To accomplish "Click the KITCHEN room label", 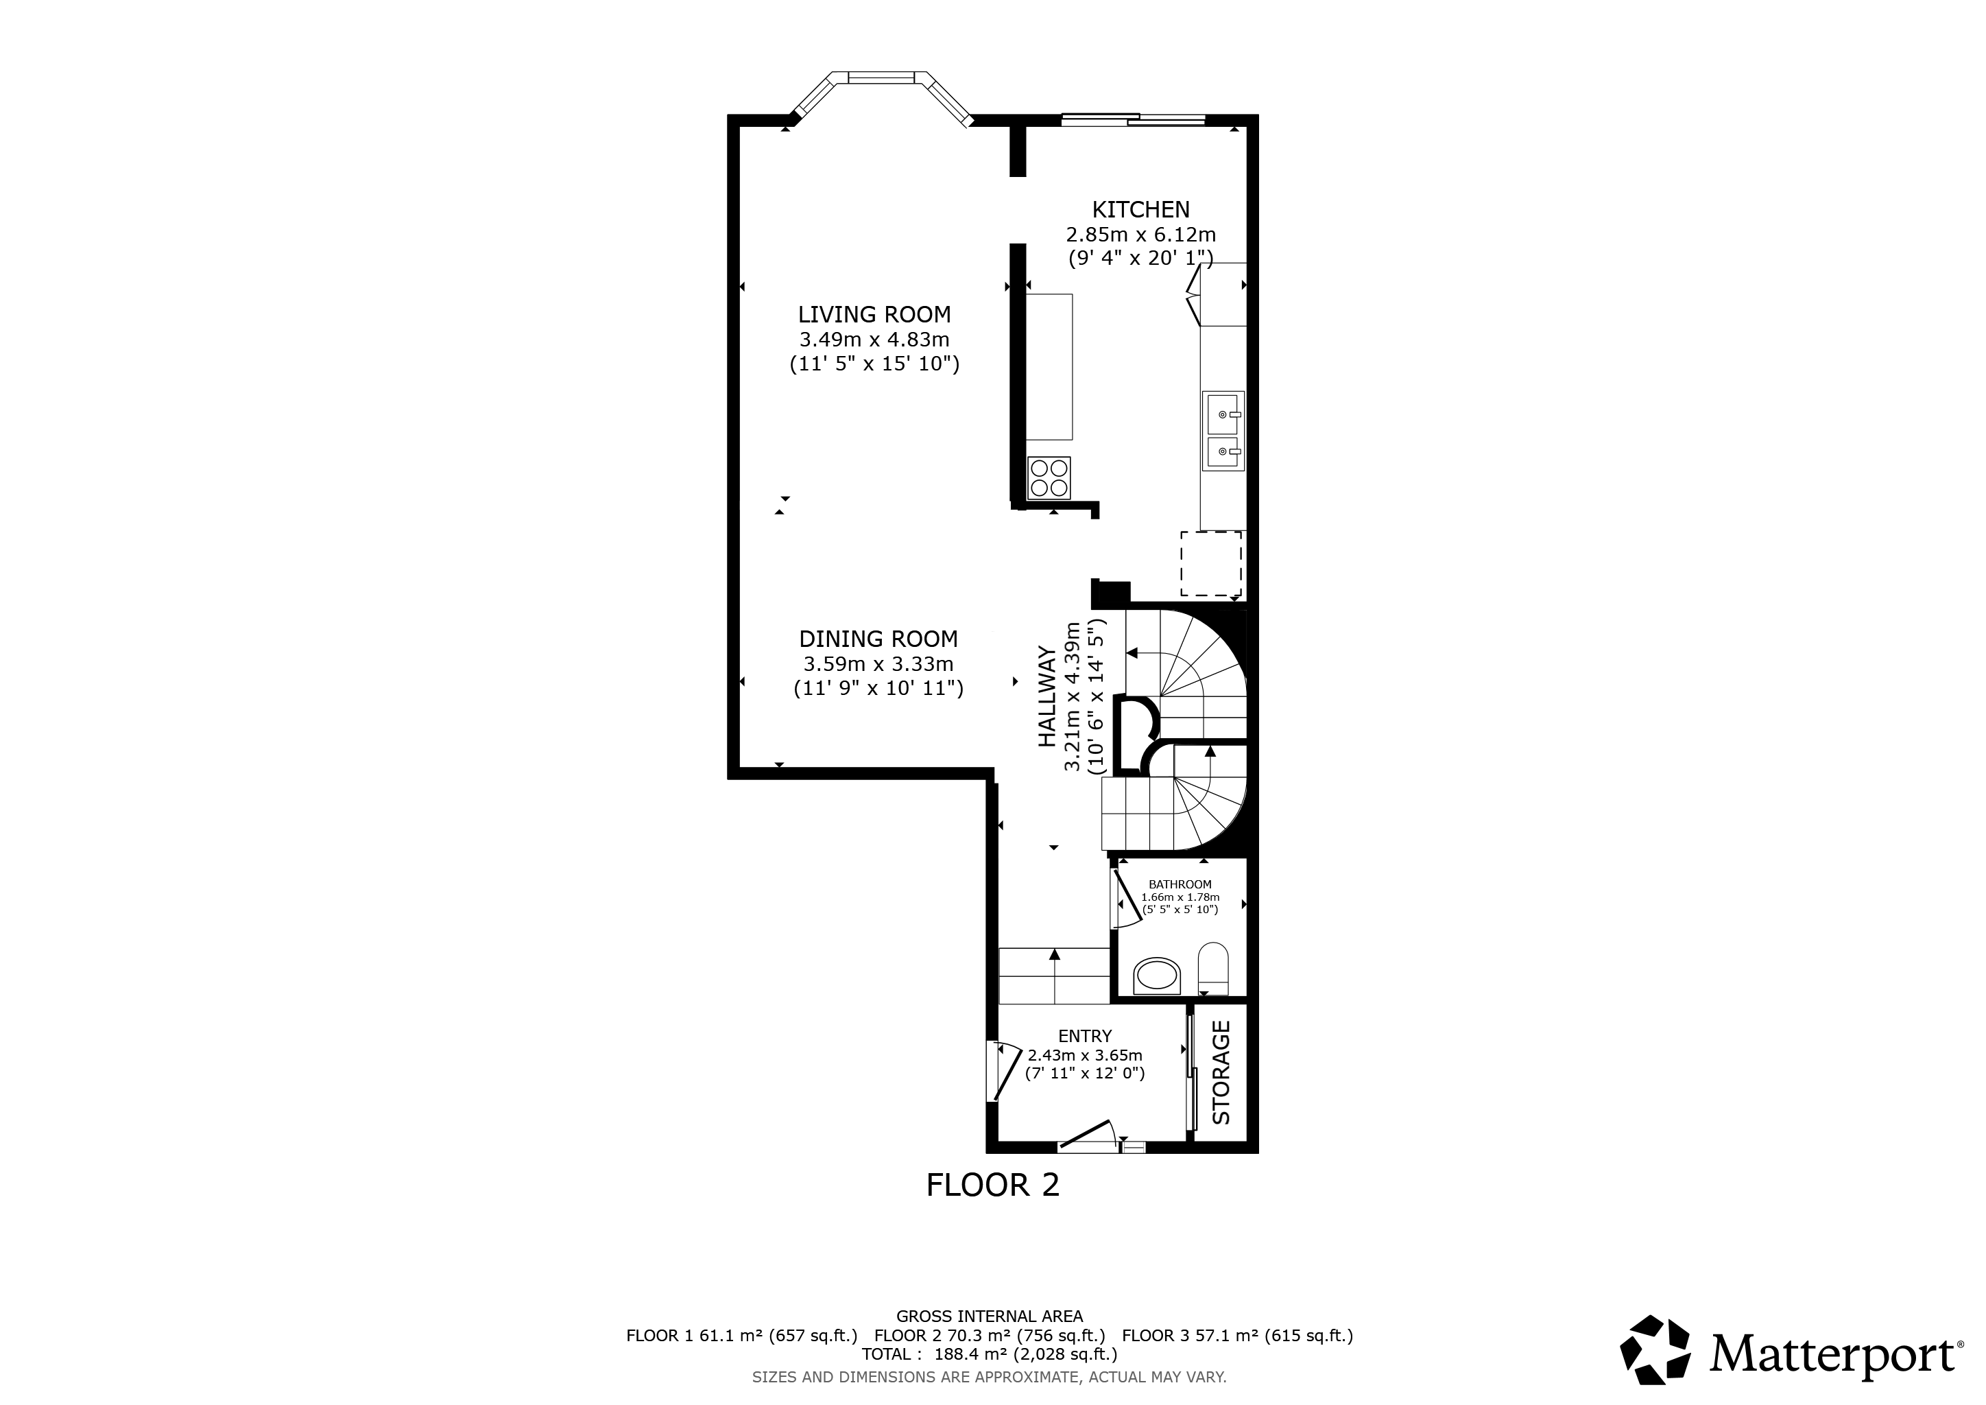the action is click(1141, 209).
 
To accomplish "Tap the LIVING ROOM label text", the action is click(874, 315).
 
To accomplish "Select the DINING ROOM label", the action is click(878, 639).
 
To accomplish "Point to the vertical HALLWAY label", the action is click(1047, 696).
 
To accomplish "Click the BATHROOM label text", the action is click(1180, 884).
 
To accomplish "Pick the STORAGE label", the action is click(1221, 1073).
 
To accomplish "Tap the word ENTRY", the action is click(1085, 1037).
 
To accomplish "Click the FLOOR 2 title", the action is click(993, 1184).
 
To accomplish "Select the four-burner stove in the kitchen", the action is click(1049, 477).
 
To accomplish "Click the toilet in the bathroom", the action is click(1214, 969).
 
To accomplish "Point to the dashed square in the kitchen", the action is click(1211, 564).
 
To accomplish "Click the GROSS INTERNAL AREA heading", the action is click(990, 1317).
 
